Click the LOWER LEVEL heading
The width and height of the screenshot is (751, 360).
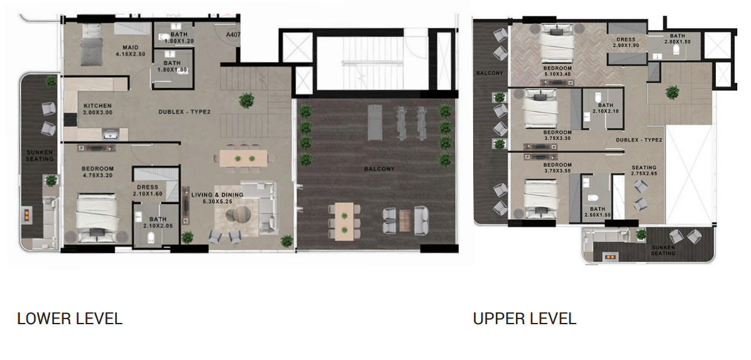pos(70,319)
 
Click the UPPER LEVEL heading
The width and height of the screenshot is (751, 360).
pos(525,319)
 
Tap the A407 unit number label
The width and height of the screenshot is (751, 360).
pos(233,35)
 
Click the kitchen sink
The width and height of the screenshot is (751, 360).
pos(111,134)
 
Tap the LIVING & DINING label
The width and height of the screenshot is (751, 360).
pos(217,198)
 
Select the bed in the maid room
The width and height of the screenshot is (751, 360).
pos(92,45)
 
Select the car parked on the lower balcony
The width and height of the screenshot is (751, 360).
pos(375,123)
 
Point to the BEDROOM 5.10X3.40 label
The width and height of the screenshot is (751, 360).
pos(557,72)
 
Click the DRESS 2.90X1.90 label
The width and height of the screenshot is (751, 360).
pos(626,43)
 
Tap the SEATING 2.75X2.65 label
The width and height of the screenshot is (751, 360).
pos(644,171)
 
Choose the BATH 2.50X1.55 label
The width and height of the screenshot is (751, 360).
pos(597,212)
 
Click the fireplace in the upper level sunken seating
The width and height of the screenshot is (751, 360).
pos(609,257)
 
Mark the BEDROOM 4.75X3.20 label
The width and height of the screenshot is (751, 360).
pos(97,172)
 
